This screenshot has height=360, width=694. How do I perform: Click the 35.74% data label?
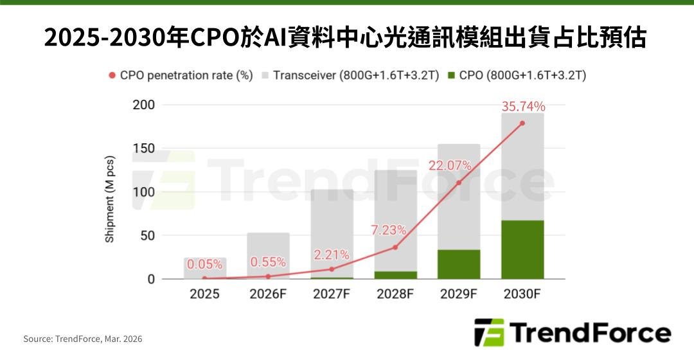[x=523, y=107]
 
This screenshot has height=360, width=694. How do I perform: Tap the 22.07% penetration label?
[x=450, y=166]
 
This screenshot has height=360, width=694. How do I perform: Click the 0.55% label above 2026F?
[x=268, y=262]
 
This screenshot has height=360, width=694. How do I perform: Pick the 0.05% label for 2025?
[x=204, y=264]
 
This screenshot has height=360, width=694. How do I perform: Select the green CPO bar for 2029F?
[x=459, y=264]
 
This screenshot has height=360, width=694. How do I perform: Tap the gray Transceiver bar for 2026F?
[x=268, y=248]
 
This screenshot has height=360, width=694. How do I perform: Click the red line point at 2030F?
[x=522, y=123]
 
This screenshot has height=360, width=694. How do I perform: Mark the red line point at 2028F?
[x=395, y=248]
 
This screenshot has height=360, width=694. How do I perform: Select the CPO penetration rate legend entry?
[x=180, y=75]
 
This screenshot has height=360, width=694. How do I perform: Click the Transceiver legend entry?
[x=350, y=75]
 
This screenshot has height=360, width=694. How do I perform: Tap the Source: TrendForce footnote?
[x=83, y=339]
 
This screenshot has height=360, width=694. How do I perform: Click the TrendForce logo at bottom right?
[x=572, y=333]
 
